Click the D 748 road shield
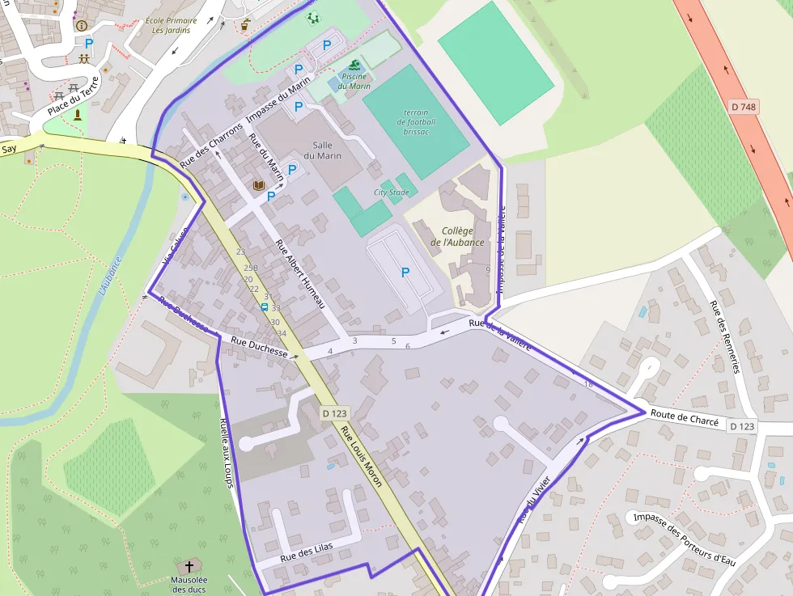[744, 107]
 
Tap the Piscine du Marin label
[354, 82]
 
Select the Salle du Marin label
[322, 150]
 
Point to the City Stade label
[391, 192]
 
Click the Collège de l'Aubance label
[457, 237]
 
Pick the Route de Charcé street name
[685, 418]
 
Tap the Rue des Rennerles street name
[725, 336]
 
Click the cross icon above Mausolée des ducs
[189, 566]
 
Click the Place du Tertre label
[73, 96]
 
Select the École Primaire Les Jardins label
[172, 25]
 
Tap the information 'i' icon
[81, 25]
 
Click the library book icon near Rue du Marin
[259, 186]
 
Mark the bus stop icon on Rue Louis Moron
[265, 307]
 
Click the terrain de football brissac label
[416, 122]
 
